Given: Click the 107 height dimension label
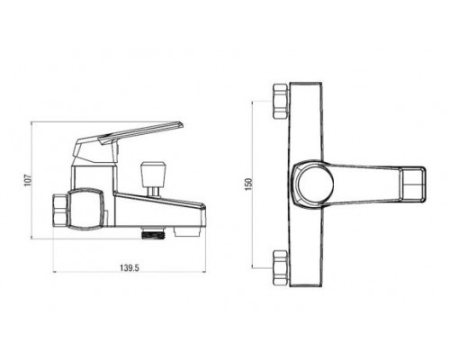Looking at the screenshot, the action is pos(28,180).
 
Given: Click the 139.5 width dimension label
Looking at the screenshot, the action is pos(130,267).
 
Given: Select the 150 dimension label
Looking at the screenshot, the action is pos(248,184).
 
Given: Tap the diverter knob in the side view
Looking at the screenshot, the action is pos(153,173).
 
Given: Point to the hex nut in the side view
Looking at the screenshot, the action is pos(60,211).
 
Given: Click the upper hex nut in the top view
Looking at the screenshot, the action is pos(281,102).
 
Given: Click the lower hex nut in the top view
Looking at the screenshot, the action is pos(281,267).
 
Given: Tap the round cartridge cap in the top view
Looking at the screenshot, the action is pos(314,184).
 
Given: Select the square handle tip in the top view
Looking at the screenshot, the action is pos(413,184).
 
